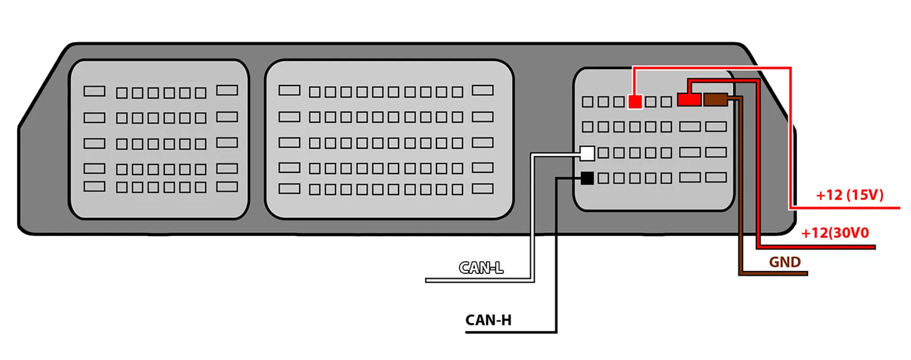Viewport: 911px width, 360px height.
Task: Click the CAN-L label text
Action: (x=481, y=268)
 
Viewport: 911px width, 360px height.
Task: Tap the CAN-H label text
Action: (x=488, y=320)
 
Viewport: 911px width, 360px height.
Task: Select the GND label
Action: (x=785, y=262)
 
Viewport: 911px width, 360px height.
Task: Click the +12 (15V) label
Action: (x=850, y=195)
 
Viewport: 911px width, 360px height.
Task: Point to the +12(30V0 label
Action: (x=835, y=233)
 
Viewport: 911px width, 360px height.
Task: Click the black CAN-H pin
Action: (x=587, y=178)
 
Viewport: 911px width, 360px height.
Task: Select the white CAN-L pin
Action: (x=587, y=153)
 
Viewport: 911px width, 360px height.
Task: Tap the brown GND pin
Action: (x=716, y=100)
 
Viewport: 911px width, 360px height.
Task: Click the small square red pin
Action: (x=635, y=102)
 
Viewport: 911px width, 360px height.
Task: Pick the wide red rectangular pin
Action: (x=689, y=100)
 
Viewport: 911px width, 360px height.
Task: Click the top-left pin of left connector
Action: (x=94, y=91)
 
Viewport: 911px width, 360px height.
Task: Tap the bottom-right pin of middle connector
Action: (x=482, y=188)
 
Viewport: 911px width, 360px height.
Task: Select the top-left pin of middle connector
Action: (x=289, y=90)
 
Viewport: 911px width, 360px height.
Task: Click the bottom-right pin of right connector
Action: (x=716, y=177)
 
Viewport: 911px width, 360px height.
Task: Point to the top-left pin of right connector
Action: (x=588, y=102)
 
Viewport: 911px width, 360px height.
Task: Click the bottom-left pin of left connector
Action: (x=94, y=186)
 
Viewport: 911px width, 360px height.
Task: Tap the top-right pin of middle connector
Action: (x=482, y=90)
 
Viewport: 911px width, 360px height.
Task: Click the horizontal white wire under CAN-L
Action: (x=480, y=280)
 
